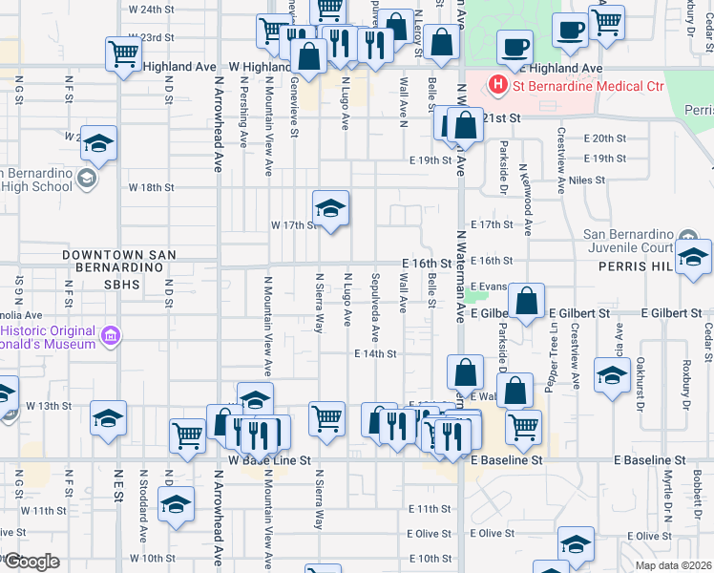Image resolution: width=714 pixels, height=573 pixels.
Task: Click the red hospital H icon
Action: [497, 86]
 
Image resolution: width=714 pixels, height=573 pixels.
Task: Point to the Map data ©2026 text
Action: [672, 565]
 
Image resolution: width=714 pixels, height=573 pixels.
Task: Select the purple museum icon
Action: [112, 335]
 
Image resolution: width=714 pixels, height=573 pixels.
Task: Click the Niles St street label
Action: [586, 180]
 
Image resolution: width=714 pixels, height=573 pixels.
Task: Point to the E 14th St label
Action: [374, 353]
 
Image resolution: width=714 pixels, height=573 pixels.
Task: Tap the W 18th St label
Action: [153, 188]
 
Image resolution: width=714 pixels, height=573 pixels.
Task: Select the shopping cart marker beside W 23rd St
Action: [123, 54]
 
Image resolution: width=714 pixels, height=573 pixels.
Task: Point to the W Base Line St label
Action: [270, 460]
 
